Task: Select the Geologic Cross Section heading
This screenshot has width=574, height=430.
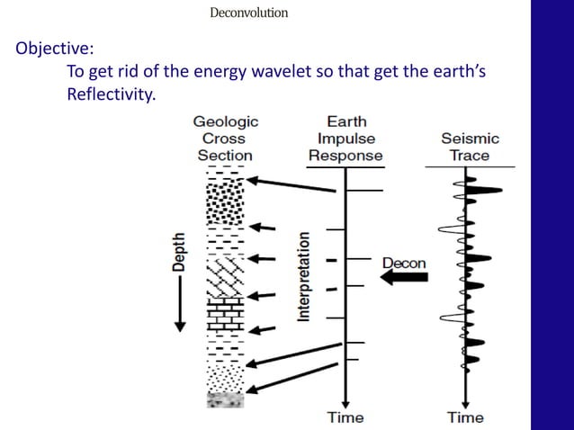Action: [x=224, y=139]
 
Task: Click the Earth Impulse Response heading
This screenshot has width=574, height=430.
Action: [x=345, y=139]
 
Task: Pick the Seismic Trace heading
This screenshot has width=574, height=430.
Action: [x=469, y=147]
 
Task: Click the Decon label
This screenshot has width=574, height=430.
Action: [x=404, y=263]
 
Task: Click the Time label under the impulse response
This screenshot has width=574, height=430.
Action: [x=345, y=417]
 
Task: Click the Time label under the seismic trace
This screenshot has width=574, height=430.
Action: [x=465, y=417]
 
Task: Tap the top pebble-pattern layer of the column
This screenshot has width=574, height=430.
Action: [x=220, y=202]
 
